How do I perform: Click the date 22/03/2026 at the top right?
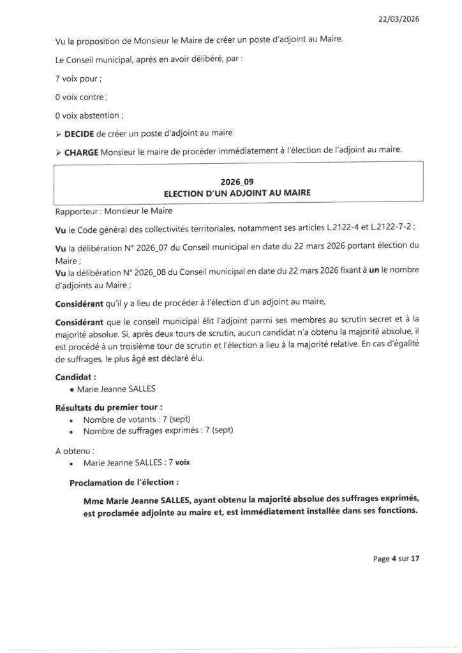tap(398, 19)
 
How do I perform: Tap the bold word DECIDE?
tap(79, 133)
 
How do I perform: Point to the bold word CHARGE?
tap(81, 151)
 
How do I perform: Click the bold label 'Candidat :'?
tap(76, 377)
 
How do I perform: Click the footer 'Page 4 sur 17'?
tap(396, 559)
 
